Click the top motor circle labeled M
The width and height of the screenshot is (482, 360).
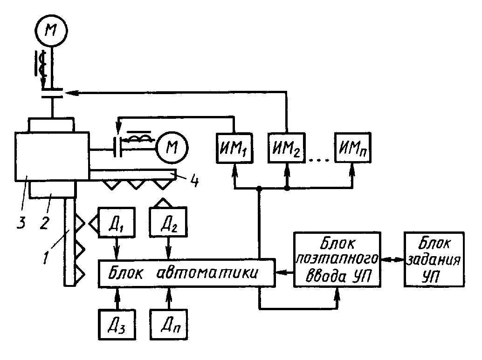[51, 31]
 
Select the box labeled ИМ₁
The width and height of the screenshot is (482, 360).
[233, 149]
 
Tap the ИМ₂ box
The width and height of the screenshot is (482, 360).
[287, 149]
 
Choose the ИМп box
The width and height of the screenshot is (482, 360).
[352, 149]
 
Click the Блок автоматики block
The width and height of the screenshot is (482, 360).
[186, 273]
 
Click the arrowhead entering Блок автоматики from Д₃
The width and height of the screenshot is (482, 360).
[117, 291]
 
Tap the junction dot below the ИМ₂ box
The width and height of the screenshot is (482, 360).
[287, 189]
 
